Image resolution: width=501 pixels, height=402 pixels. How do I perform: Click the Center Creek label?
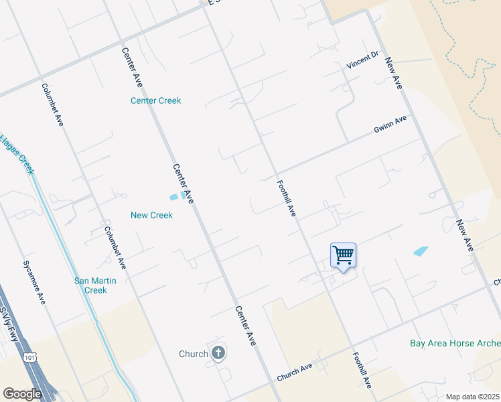tap(155, 101)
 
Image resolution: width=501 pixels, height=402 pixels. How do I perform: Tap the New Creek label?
tap(151, 215)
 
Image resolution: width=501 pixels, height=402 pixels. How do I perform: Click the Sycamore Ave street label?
tap(33, 281)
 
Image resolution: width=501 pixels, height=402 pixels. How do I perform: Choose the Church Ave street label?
tap(295, 373)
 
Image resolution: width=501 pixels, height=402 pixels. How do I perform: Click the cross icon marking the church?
tap(218, 353)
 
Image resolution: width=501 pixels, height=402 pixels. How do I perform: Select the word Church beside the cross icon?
tap(194, 354)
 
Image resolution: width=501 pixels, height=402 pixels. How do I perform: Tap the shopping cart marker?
tap(343, 255)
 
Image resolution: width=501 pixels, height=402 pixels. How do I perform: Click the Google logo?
tap(22, 393)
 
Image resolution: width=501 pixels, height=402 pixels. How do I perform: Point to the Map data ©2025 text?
tap(472, 397)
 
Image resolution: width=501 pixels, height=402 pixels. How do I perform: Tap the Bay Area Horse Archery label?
tap(455, 344)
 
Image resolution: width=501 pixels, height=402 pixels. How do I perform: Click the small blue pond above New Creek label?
tap(176, 196)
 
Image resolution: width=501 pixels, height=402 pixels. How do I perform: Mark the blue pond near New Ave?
tap(421, 251)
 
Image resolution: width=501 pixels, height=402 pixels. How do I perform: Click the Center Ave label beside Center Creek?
tap(132, 67)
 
